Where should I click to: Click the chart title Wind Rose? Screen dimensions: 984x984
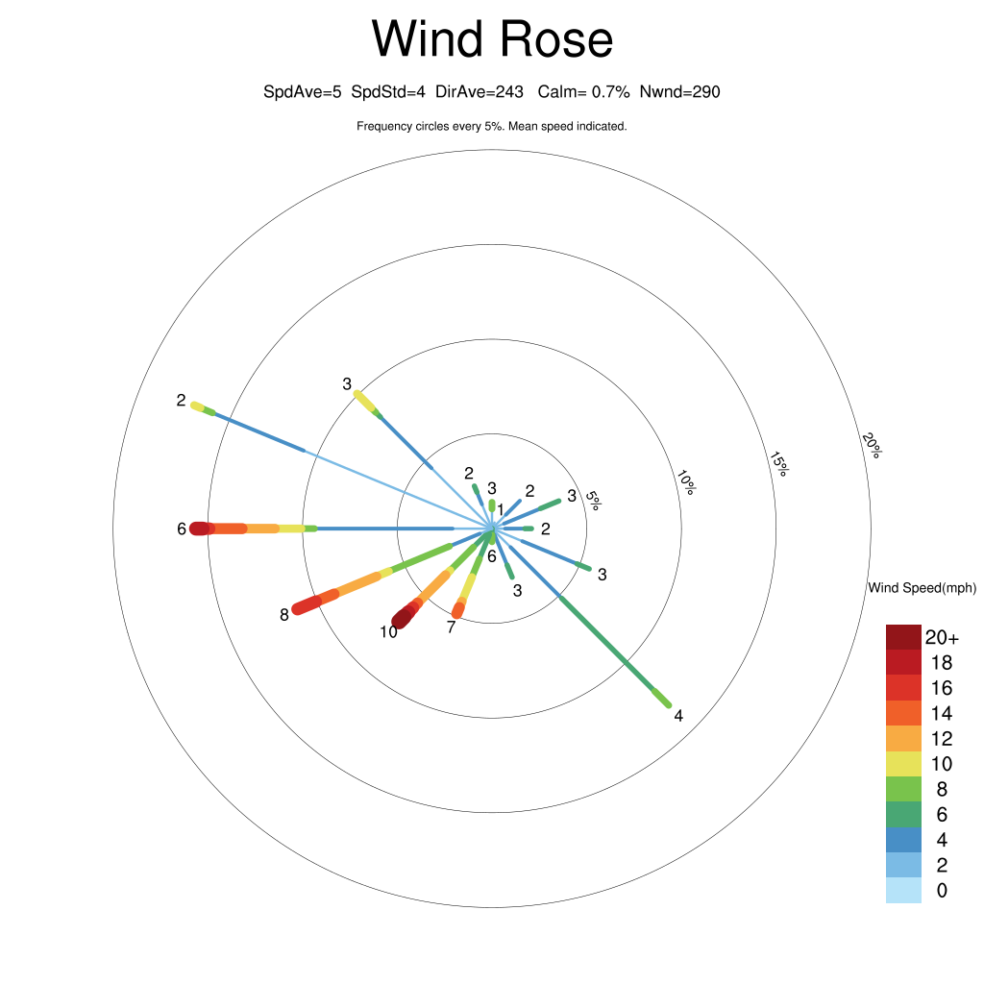click(x=492, y=40)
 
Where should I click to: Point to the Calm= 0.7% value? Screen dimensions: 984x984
click(x=583, y=92)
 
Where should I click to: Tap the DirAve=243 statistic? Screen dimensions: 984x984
click(x=480, y=92)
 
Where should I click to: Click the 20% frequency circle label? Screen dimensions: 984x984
click(x=872, y=446)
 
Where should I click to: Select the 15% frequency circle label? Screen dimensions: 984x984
click(x=778, y=463)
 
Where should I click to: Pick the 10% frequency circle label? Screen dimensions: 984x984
click(x=685, y=481)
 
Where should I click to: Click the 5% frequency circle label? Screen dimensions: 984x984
click(x=593, y=499)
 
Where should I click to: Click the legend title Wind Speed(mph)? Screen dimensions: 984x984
click(x=922, y=588)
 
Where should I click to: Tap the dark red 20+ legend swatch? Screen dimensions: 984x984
click(x=903, y=637)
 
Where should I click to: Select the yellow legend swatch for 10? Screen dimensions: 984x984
click(x=903, y=764)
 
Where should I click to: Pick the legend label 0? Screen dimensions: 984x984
click(x=942, y=891)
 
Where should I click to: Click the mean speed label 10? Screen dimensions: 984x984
click(x=388, y=632)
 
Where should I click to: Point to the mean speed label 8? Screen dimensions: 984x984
click(x=284, y=615)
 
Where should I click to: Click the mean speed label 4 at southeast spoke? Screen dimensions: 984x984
click(x=678, y=716)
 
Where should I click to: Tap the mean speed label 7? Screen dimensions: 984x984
click(x=451, y=627)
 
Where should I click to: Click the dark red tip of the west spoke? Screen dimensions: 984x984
click(x=199, y=529)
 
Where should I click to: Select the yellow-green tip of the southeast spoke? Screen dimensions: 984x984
click(x=662, y=699)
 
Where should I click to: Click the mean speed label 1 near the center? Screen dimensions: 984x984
click(x=500, y=508)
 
